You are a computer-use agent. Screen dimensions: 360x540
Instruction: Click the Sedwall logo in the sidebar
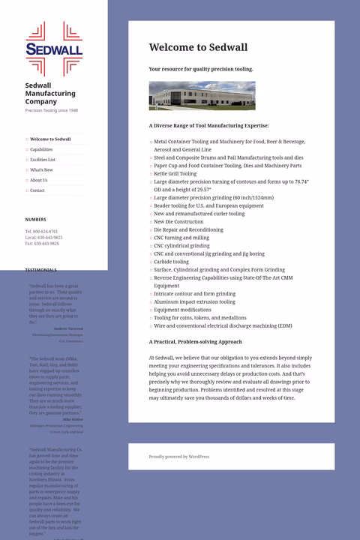tap(54, 49)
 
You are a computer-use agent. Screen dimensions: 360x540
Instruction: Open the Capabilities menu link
tap(41, 149)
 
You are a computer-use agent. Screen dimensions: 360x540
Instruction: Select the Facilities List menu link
tap(43, 160)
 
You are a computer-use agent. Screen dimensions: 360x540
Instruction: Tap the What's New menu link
tap(41, 170)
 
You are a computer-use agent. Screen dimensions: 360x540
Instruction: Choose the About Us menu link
tap(38, 180)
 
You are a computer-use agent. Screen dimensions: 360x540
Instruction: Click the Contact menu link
tap(37, 190)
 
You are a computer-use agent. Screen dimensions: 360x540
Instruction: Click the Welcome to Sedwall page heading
tap(198, 47)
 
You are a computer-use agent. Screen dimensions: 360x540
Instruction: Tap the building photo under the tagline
tap(202, 96)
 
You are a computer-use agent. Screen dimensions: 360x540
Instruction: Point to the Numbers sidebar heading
tap(35, 220)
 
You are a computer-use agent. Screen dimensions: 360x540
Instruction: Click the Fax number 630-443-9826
tap(46, 244)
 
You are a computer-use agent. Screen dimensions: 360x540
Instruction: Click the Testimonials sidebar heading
tap(40, 270)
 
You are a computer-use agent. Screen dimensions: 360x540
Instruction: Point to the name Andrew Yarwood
tap(68, 328)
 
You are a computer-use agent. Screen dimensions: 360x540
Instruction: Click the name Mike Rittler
tap(73, 419)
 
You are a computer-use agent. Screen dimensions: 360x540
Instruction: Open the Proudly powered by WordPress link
tap(179, 457)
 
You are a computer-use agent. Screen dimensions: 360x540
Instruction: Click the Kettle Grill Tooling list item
tap(175, 173)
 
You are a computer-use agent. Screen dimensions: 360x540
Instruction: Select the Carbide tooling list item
tap(171, 262)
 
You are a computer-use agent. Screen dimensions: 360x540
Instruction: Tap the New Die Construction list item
tap(178, 222)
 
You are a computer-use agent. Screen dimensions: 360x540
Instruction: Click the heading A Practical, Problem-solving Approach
tap(195, 342)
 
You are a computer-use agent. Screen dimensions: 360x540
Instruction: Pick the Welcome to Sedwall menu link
tap(50, 139)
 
